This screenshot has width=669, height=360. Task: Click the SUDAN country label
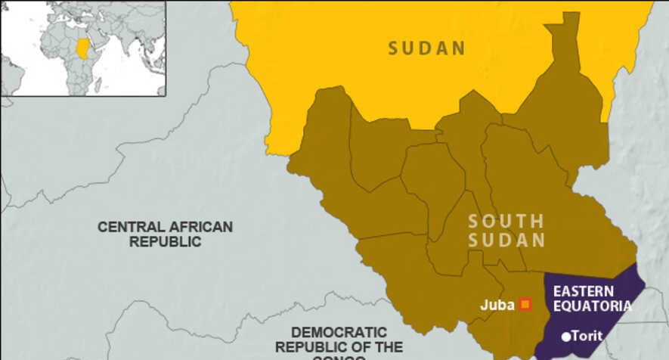click(x=426, y=48)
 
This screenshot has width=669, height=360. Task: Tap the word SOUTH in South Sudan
click(x=506, y=222)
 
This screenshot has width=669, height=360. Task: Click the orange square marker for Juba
click(x=525, y=305)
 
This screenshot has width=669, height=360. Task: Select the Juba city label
click(x=497, y=306)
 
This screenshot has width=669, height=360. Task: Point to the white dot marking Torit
click(x=566, y=336)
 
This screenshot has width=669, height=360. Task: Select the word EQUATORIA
click(x=592, y=306)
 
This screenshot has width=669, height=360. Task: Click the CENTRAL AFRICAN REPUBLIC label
click(x=165, y=234)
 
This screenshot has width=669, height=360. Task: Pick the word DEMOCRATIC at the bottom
click(x=339, y=332)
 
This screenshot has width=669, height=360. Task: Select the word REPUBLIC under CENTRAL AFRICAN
click(x=165, y=242)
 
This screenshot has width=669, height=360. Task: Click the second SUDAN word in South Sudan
click(x=506, y=241)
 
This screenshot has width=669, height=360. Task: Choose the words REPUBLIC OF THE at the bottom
click(x=339, y=347)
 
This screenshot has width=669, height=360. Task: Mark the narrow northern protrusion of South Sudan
click(x=565, y=38)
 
